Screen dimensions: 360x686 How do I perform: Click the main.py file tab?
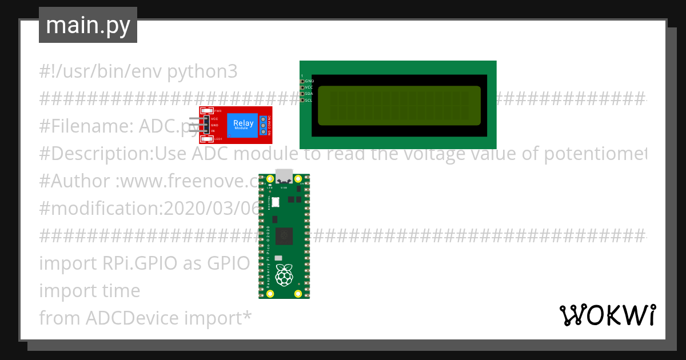tap(87, 25)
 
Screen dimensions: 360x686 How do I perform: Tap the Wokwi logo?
tap(607, 315)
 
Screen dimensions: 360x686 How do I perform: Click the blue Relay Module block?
tap(243, 125)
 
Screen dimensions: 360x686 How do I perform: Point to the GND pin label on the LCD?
tap(309, 81)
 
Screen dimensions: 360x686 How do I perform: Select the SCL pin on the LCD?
tap(302, 100)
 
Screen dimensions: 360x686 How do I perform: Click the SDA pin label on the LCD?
tap(309, 94)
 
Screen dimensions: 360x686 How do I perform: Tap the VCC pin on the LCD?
tap(302, 87)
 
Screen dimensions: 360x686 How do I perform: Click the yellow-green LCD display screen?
tap(398, 105)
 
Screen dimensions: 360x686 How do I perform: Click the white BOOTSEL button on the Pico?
tap(276, 202)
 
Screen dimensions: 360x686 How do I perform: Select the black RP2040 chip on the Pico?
tap(284, 235)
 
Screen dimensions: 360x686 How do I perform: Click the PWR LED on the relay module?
tap(207, 111)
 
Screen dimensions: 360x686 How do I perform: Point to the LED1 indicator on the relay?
tap(207, 139)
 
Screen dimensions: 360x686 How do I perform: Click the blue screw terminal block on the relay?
tap(264, 125)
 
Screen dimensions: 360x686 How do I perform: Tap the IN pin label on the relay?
tap(213, 131)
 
